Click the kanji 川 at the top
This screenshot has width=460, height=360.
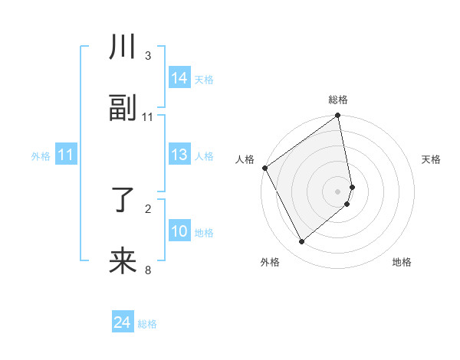click(123, 48)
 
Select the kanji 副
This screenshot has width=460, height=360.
click(123, 110)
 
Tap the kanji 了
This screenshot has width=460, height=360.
click(123, 201)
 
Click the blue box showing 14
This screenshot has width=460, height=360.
click(179, 78)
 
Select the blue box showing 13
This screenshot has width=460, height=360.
click(179, 155)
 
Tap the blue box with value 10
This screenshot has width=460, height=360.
click(179, 232)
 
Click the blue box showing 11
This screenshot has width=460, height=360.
click(66, 155)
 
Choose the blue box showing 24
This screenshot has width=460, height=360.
click(123, 323)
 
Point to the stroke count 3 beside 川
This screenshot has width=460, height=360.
click(148, 56)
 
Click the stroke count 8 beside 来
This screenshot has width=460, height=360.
click(148, 270)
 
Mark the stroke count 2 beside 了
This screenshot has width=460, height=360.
click(148, 208)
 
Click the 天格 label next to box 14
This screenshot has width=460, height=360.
click(204, 80)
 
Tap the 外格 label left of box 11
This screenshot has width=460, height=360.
click(41, 156)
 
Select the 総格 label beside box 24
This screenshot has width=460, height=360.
click(147, 324)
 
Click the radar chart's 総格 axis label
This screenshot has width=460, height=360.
click(338, 100)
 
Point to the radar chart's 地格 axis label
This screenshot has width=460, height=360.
click(402, 262)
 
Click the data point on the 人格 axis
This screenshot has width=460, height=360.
click(265, 168)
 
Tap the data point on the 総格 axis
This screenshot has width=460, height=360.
click(338, 116)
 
